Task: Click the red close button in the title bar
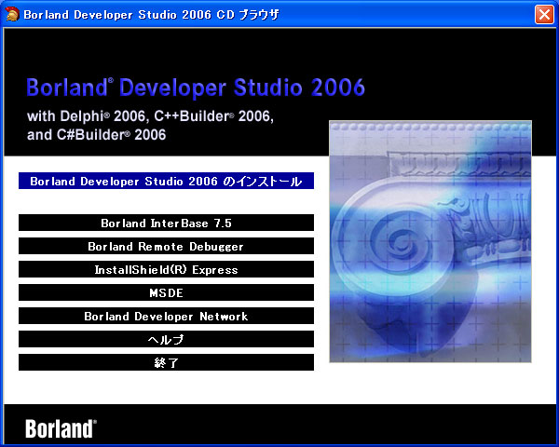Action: [543, 14]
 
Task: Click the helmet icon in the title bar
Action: [12, 14]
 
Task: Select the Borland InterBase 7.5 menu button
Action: [166, 223]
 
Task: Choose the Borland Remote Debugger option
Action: [166, 247]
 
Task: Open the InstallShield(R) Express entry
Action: [166, 270]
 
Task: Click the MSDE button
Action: [166, 293]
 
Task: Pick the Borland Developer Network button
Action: [166, 317]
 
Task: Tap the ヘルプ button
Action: [166, 340]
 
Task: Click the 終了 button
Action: [166, 363]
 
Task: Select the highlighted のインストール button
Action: [166, 181]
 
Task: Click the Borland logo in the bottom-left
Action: [61, 428]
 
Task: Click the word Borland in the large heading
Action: [65, 88]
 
